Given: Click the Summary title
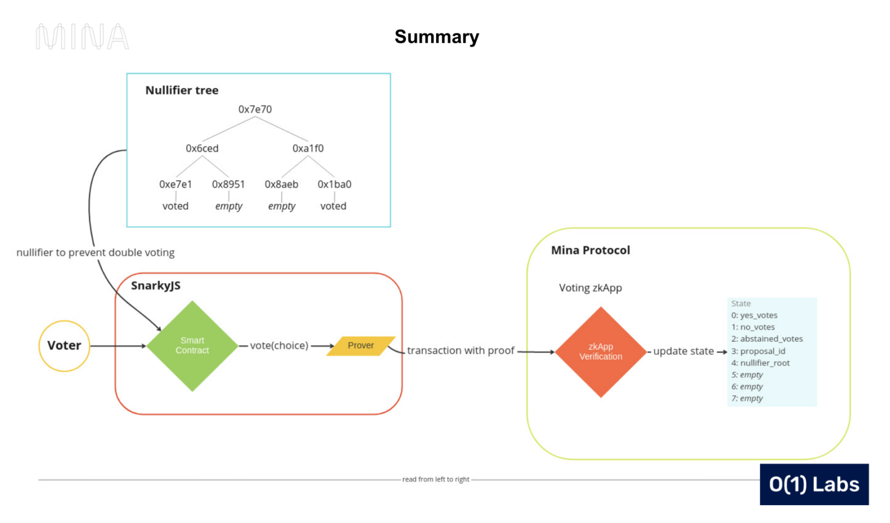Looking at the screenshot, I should pos(437,37).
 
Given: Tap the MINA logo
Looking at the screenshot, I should pos(82,37).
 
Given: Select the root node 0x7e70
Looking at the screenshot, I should pos(255,109).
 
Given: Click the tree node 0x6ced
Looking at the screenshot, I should pos(202,148).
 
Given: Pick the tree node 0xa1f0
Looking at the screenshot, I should pos(308,148).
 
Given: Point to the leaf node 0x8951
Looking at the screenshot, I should pos(228,184).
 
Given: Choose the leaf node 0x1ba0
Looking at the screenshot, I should pos(334,184).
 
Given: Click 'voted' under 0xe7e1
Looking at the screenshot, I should pos(175,206).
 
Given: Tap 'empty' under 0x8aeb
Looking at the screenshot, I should pos(281,206).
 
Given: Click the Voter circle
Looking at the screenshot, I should pos(65,346).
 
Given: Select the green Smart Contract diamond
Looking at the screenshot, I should pos(192,346).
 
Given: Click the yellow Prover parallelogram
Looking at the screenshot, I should pos(360,346).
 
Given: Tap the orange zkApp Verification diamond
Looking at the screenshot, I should pos(601,352).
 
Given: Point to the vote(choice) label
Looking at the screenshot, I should pos(279,346).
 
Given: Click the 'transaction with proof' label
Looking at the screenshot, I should pos(461,351).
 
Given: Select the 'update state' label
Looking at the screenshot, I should pos(683,351).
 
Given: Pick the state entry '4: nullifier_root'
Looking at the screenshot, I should pos(760,363).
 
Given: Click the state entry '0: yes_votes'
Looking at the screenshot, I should pos(754,315).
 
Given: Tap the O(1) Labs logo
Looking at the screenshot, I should pos(814,484).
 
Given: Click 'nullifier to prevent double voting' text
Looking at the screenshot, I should pos(95,253).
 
